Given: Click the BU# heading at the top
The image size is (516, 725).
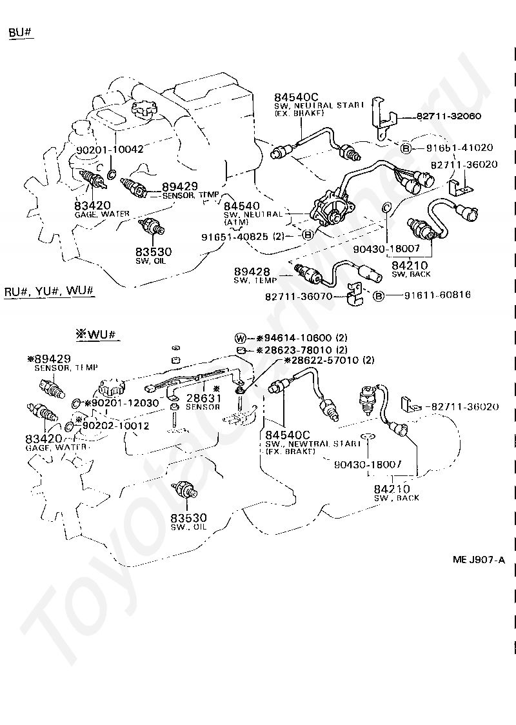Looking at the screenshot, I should pyautogui.click(x=21, y=33).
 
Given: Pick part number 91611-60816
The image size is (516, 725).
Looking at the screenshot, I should pyautogui.click(x=437, y=295).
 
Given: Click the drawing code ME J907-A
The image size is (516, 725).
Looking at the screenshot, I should pyautogui.click(x=479, y=560).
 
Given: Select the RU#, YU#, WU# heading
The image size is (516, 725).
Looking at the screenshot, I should pyautogui.click(x=50, y=292).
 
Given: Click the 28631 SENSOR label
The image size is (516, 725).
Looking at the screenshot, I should pyautogui.click(x=203, y=402).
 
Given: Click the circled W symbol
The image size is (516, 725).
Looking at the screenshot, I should pyautogui.click(x=240, y=338).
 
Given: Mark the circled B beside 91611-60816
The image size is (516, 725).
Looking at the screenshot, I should pyautogui.click(x=379, y=295).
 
